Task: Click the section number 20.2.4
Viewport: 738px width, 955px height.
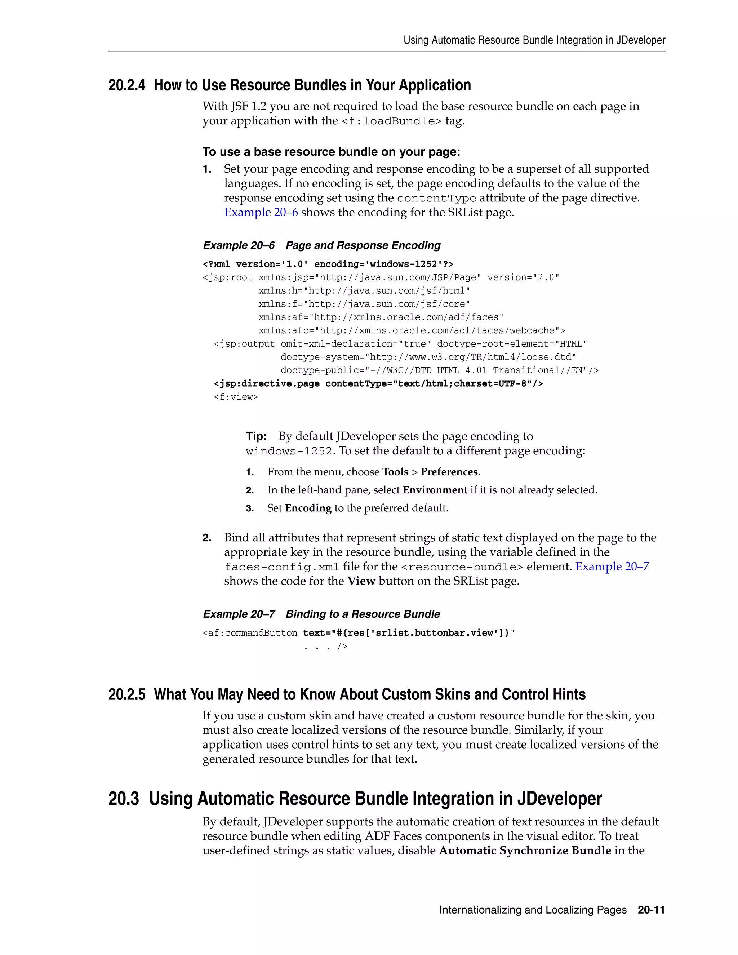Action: tap(126, 85)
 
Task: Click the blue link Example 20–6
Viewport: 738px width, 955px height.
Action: tap(261, 213)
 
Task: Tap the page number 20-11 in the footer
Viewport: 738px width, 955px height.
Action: tap(651, 910)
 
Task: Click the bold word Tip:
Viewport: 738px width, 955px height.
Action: tap(256, 436)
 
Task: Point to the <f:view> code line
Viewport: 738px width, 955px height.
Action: tap(236, 397)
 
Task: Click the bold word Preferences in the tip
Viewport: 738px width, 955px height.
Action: tap(449, 472)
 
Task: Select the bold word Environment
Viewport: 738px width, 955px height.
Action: tap(435, 490)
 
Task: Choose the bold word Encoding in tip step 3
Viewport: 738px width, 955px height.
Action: tap(308, 508)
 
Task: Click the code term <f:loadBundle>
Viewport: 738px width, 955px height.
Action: tap(391, 121)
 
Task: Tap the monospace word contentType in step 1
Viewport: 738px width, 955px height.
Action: tap(436, 199)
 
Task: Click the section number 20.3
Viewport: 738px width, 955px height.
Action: tap(123, 799)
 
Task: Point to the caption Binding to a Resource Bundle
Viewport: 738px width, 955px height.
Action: tap(363, 614)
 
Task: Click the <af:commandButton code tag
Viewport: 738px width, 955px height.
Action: tap(250, 633)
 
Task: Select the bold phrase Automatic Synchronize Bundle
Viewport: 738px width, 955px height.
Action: tap(525, 850)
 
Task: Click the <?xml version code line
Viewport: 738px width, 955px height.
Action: tap(328, 264)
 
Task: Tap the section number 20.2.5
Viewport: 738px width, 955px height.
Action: tap(126, 695)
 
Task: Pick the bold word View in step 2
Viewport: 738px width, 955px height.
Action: tap(361, 581)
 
